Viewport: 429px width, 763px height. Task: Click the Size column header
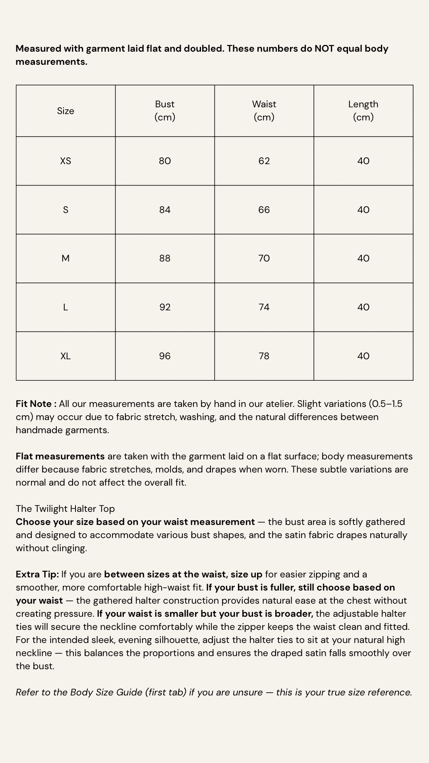tap(66, 111)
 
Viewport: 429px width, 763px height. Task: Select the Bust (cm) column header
tap(165, 110)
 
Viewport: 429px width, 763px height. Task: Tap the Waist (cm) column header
tap(264, 110)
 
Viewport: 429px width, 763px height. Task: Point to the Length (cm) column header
tap(363, 110)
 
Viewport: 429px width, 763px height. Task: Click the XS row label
tap(66, 161)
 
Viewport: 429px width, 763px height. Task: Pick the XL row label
tap(66, 356)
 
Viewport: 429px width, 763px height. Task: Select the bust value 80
tap(165, 161)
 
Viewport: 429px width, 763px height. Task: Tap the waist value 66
tap(264, 210)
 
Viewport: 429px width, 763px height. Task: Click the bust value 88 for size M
tap(165, 258)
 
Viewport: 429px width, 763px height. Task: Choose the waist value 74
tap(264, 307)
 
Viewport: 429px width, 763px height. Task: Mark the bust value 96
tap(165, 356)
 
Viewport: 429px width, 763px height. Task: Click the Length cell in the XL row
tap(363, 356)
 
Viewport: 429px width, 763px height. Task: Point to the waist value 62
tap(264, 161)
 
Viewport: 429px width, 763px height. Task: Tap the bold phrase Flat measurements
tap(60, 456)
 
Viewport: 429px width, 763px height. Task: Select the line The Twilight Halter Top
tap(65, 509)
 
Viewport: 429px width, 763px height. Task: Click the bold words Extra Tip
tap(37, 574)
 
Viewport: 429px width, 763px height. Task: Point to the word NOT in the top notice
tap(324, 48)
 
